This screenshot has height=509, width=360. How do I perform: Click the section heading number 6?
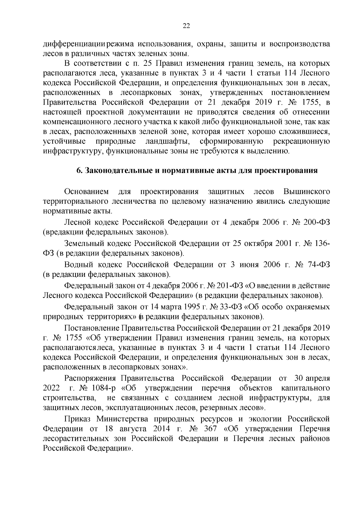(79, 171)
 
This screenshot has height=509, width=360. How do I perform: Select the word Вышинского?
(306, 191)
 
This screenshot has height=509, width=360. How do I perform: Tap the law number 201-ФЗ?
(224, 286)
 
